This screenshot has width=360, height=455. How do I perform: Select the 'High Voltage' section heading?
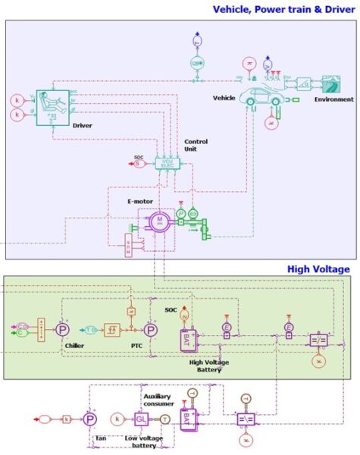(x=318, y=268)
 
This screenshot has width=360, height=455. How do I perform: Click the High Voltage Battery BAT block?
(x=189, y=340)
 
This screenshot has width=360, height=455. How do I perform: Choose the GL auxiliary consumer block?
(x=140, y=419)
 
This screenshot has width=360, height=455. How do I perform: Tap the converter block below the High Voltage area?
(x=246, y=418)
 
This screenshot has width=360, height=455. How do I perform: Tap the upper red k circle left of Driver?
(x=16, y=100)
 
